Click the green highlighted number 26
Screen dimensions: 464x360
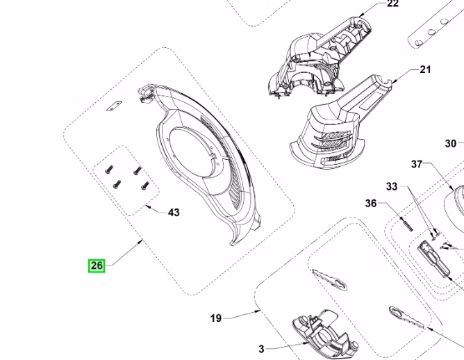(x=97, y=265)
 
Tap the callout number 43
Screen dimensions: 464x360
(x=174, y=213)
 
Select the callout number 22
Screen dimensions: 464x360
(x=392, y=4)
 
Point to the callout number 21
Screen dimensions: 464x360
(x=425, y=69)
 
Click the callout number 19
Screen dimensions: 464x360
(x=216, y=318)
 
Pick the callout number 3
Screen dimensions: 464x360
(x=261, y=349)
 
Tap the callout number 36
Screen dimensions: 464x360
(x=371, y=204)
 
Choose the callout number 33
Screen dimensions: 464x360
(x=392, y=187)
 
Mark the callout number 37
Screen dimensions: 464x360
(x=417, y=164)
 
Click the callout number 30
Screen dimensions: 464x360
(x=450, y=144)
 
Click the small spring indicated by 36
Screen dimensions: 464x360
(x=407, y=224)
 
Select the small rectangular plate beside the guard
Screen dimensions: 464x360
(x=114, y=106)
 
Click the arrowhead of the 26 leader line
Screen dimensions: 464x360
(x=141, y=241)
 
